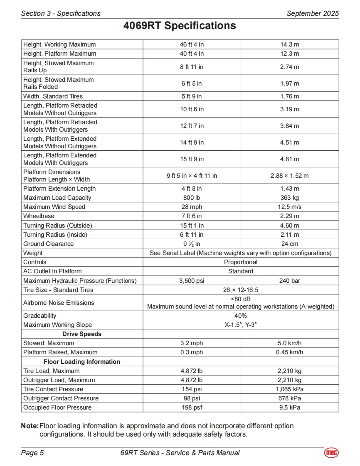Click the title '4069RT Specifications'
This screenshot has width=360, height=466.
coord(180,26)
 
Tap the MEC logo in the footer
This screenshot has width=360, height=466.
coord(331,453)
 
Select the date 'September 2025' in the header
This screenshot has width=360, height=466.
coord(313,13)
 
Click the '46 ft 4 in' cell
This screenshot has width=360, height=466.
coord(192,44)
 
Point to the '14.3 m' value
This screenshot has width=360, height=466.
coord(290,44)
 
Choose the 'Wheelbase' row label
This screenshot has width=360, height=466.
coord(39,216)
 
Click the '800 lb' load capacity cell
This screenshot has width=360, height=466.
coord(192,198)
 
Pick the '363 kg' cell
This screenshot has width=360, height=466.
coord(290,198)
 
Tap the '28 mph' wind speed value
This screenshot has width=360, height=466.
coord(192,207)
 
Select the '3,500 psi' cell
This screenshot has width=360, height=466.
coord(192,281)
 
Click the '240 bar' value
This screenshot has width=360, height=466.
coord(290,281)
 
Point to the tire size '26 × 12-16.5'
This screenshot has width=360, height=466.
coord(241,290)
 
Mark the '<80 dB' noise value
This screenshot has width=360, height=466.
coord(241,299)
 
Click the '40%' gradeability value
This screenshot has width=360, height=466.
coord(241,316)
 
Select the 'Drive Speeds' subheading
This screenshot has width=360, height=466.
coord(82,334)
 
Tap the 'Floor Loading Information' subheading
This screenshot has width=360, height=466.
coord(82,362)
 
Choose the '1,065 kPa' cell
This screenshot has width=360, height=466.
coord(290,389)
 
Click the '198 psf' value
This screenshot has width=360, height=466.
coord(192,407)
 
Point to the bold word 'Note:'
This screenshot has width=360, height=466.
coord(30,426)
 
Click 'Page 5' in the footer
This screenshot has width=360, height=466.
coord(32,453)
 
